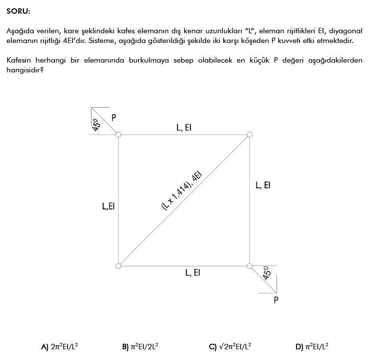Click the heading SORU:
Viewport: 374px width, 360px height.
[x=18, y=10]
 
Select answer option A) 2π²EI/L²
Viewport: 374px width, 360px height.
[x=60, y=346]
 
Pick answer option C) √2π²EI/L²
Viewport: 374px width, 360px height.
[x=230, y=346]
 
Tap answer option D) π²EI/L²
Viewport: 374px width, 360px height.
[x=312, y=346]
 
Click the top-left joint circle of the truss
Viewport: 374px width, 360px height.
[x=118, y=135]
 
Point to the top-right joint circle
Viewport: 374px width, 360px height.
[x=250, y=135]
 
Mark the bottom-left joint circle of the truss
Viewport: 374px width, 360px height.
[x=118, y=266]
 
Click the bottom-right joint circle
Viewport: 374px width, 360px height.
[x=250, y=266]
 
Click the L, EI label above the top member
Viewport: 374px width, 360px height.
[x=184, y=128]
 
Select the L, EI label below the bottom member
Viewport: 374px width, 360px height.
[x=192, y=273]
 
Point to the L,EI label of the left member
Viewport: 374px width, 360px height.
[x=108, y=206]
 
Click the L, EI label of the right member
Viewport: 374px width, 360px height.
[x=263, y=185]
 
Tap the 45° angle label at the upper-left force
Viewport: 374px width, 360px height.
[x=96, y=125]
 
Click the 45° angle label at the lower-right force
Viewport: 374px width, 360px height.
[x=267, y=272]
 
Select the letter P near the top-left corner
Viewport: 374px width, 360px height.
[x=114, y=117]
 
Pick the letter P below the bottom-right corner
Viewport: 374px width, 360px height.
[x=277, y=299]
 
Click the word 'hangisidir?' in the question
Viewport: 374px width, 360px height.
[x=24, y=69]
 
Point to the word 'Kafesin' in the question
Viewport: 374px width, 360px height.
[x=20, y=60]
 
